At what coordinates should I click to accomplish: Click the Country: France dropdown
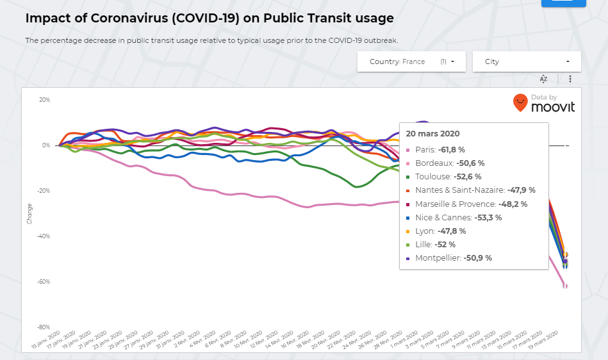click(412, 61)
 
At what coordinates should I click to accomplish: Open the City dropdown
click(527, 61)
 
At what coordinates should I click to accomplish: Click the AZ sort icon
click(543, 79)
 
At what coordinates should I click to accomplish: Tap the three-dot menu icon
click(570, 79)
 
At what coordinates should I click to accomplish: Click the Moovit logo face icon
click(520, 102)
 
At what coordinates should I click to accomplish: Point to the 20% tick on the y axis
click(45, 100)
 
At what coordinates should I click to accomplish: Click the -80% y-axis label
click(44, 327)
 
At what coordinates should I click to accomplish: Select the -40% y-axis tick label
click(44, 236)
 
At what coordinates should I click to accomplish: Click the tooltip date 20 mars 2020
click(432, 134)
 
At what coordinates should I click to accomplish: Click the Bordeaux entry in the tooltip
click(448, 163)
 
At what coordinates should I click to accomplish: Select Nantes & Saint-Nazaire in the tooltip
click(474, 190)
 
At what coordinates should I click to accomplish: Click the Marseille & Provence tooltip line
click(470, 204)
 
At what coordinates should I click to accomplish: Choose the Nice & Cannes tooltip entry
click(457, 217)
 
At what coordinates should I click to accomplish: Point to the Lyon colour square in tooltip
click(409, 231)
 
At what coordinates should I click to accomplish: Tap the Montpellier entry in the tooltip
click(452, 258)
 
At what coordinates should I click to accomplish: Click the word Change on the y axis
click(29, 213)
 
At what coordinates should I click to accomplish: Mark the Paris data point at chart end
click(565, 286)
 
